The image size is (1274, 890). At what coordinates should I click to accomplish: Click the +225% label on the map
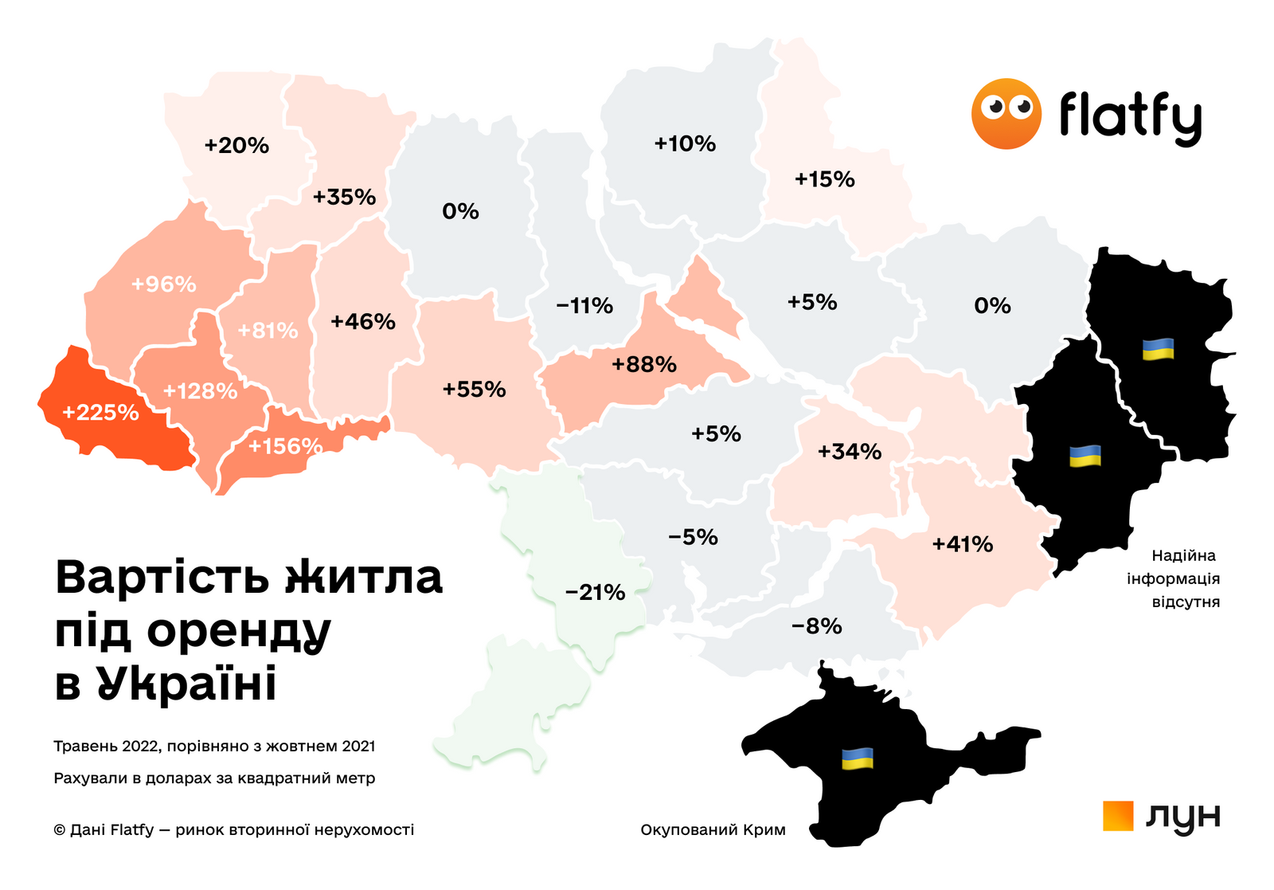tap(100, 413)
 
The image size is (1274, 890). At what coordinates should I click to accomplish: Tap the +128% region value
tap(200, 391)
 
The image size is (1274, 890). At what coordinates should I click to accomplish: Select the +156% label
tap(285, 446)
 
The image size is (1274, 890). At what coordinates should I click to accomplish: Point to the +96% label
tap(164, 284)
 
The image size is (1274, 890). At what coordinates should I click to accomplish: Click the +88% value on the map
tap(644, 365)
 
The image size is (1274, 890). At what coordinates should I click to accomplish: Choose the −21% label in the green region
tap(595, 593)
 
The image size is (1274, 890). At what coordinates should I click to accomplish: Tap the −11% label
tap(584, 306)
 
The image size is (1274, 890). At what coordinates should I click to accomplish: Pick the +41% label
tap(963, 545)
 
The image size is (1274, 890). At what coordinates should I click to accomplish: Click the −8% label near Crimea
tap(816, 626)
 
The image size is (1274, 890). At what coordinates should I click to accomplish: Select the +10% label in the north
tap(685, 144)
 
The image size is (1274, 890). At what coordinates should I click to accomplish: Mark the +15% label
tap(825, 179)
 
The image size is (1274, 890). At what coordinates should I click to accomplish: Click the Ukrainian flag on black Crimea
tap(858, 759)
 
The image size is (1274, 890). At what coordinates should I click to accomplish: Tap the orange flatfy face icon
tap(1006, 114)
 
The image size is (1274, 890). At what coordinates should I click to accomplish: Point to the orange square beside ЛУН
tap(1118, 816)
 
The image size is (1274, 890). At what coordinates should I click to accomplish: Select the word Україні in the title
tap(187, 684)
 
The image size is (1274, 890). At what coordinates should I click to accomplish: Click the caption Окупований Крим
tap(713, 830)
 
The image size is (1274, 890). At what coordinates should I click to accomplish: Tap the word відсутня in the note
tap(1186, 602)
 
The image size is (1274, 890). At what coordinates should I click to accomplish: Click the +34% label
tap(850, 453)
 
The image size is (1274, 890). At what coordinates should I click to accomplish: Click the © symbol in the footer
tap(60, 830)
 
